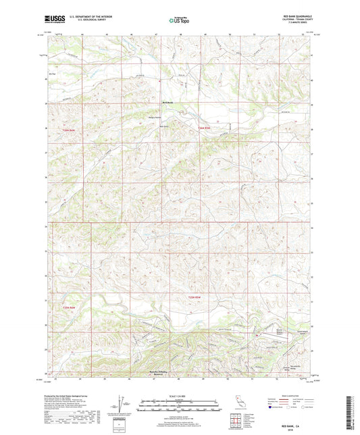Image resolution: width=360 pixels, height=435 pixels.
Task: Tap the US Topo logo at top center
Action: click(x=178, y=21)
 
